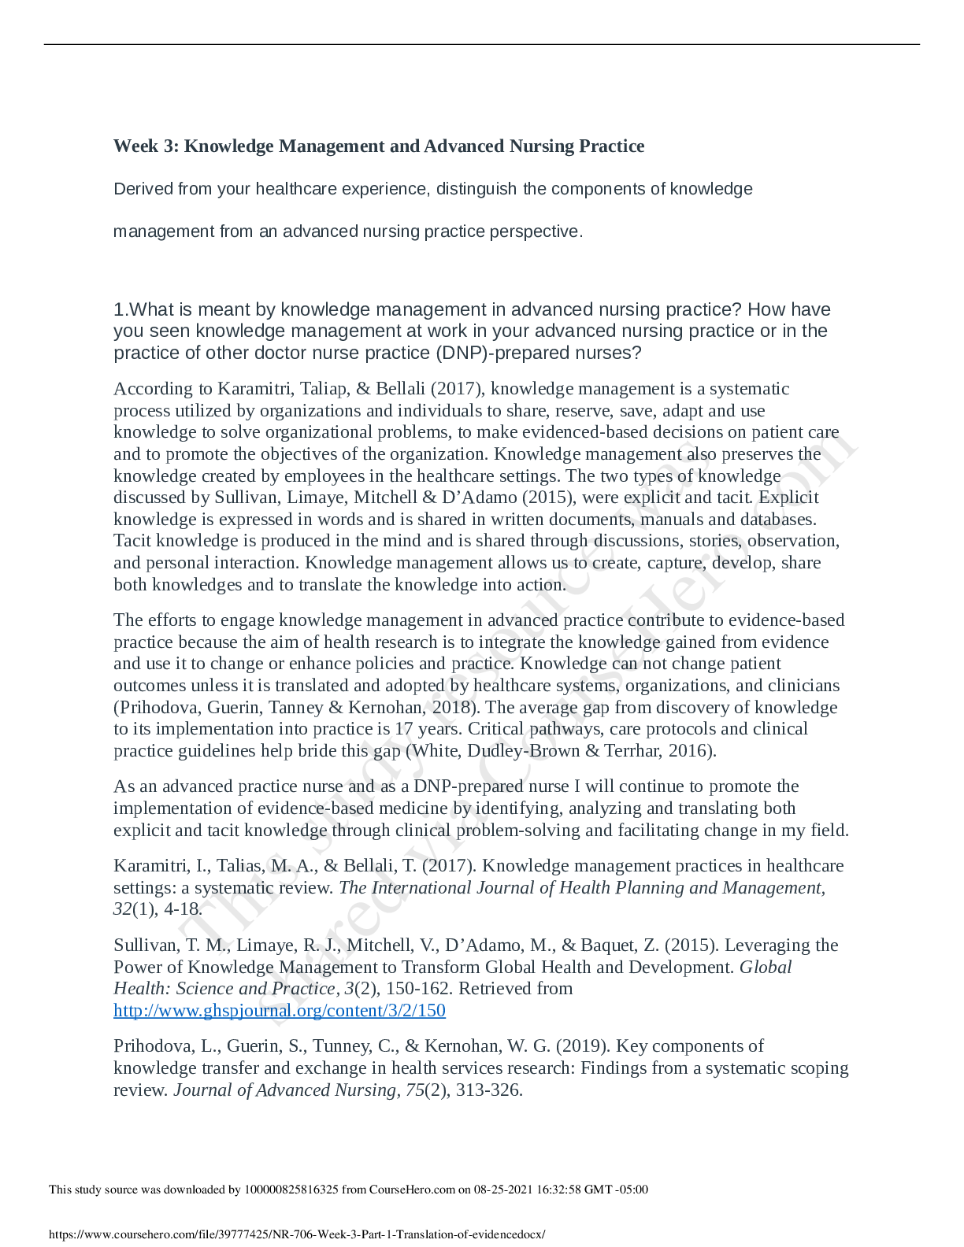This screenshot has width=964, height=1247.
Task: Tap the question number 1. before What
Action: click(x=120, y=309)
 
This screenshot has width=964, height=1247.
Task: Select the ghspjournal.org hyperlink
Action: click(x=280, y=1011)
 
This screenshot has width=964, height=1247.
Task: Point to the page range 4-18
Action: click(x=183, y=909)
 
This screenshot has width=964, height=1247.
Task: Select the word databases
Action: click(x=777, y=520)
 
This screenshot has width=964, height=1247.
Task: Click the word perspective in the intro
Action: click(x=536, y=231)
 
